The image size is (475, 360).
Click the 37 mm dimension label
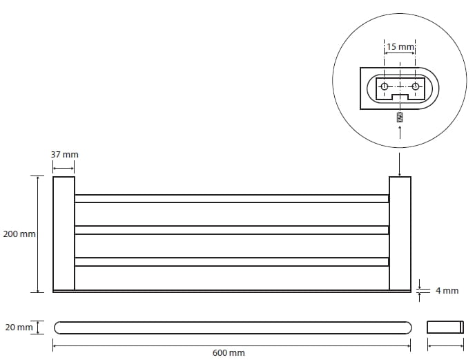coord(64,154)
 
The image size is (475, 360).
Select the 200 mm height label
coord(19,234)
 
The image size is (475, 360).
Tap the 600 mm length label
coord(229,353)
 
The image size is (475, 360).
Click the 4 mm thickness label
coord(447,291)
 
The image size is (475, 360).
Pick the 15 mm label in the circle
coord(400,47)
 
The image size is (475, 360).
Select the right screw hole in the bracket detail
coord(416,86)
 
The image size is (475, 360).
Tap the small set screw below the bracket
coord(400,118)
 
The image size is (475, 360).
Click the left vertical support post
coord(64,234)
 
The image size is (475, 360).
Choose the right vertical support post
coord(400,234)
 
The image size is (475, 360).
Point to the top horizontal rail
coord(231,199)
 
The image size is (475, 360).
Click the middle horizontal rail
coord(231,230)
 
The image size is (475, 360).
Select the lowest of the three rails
coord(231,261)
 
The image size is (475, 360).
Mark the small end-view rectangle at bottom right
coord(445,327)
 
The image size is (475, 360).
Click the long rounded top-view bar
coord(232,327)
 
